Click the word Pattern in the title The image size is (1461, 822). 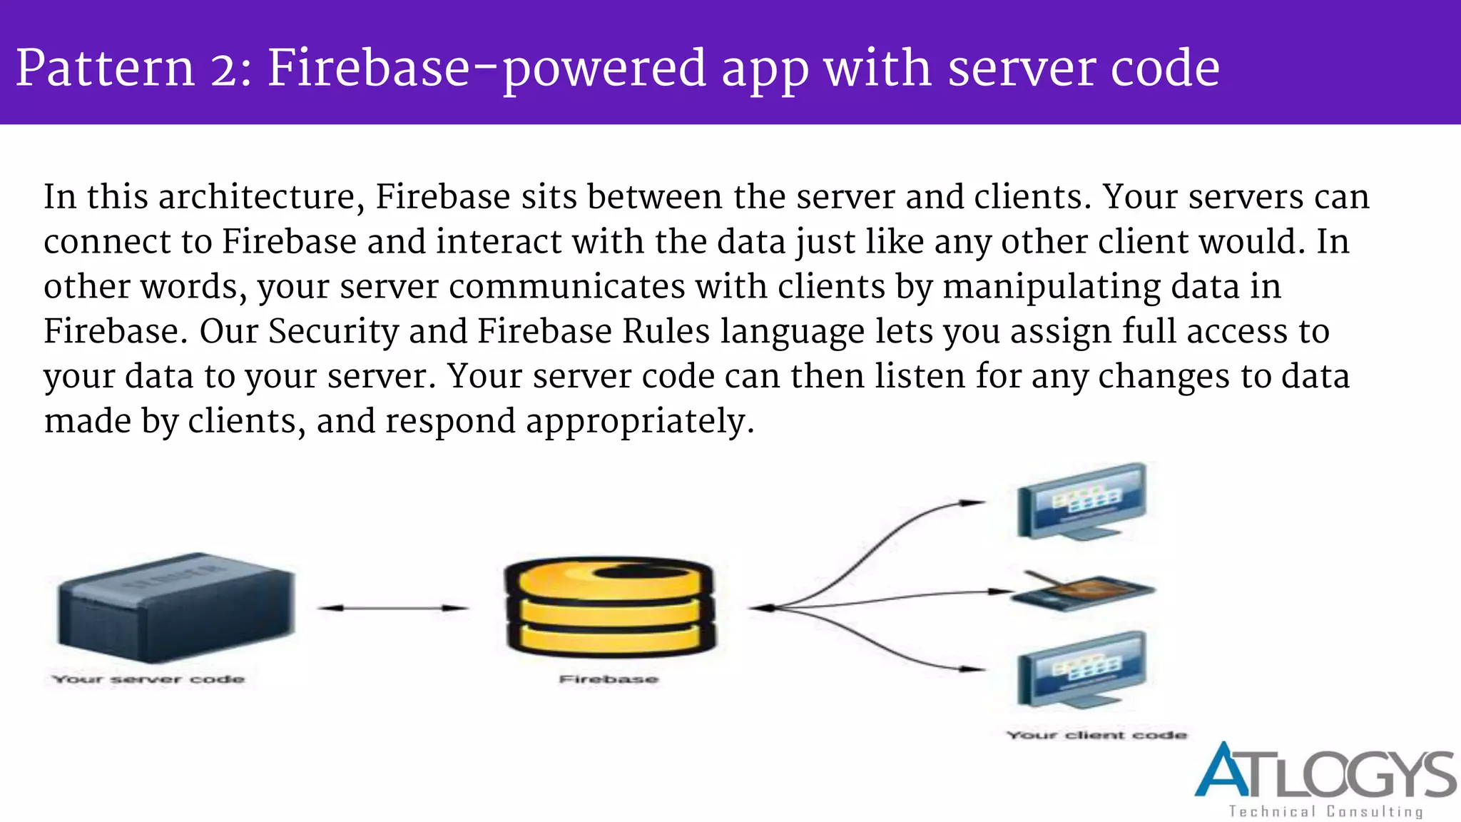(105, 68)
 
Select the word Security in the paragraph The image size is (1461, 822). (333, 332)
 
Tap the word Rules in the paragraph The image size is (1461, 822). (666, 332)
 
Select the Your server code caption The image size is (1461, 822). (148, 679)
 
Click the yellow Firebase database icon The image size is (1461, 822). (609, 607)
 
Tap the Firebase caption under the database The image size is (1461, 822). (609, 679)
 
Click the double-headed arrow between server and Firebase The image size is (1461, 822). (392, 608)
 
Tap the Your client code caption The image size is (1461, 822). (1096, 735)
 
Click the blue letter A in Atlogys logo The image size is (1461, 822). (1223, 771)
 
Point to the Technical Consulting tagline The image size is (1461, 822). (1325, 811)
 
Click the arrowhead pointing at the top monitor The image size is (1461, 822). (973, 503)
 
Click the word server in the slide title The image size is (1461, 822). (1024, 68)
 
